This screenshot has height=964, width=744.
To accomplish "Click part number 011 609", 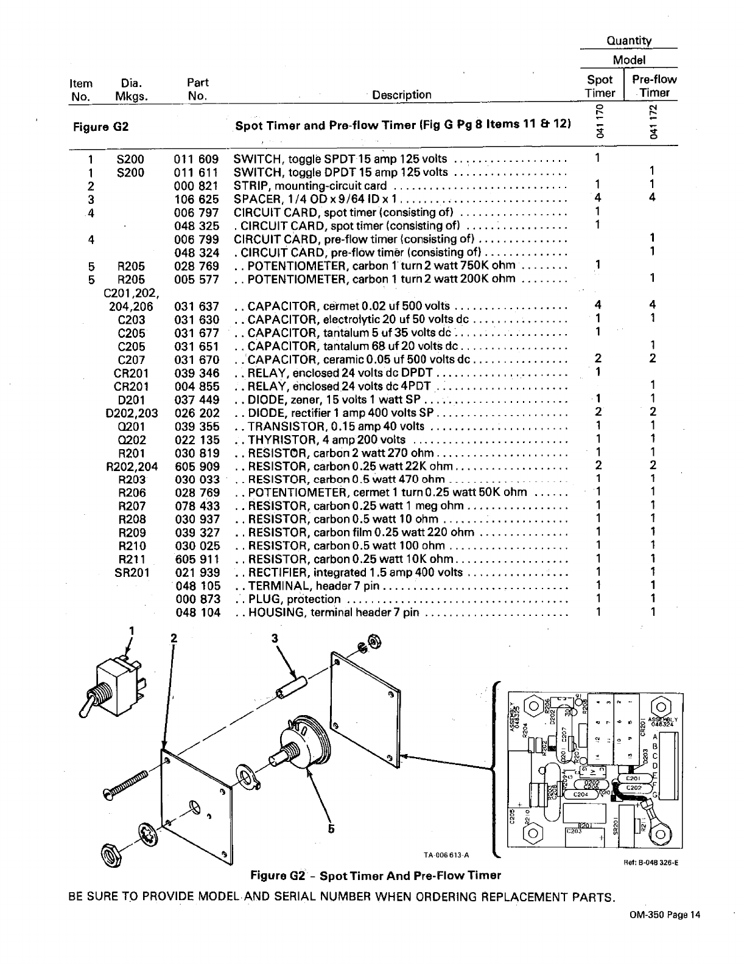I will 197,159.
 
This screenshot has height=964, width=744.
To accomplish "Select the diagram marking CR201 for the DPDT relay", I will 131,373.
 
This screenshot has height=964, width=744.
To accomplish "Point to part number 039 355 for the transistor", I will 197,427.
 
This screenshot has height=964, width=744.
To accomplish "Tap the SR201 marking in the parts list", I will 132,573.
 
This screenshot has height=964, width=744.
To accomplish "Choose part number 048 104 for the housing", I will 197,613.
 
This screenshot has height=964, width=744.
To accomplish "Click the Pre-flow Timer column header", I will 654,86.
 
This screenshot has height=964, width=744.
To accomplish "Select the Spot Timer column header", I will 600,86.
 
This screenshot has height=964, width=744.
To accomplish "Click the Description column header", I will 401,95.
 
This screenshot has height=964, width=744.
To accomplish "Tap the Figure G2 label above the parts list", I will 101,127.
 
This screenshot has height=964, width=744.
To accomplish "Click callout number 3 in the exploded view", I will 275,638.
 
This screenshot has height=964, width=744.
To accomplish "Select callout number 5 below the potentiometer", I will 332,828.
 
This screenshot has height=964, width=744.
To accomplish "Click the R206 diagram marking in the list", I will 132,493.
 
